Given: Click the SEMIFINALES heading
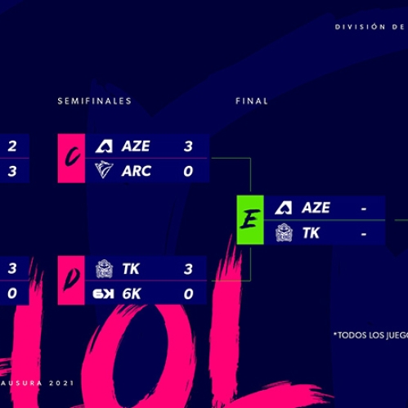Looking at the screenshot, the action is pyautogui.click(x=95, y=101).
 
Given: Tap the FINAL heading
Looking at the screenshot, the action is pyautogui.click(x=252, y=101).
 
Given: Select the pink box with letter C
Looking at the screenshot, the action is pyautogui.click(x=71, y=158).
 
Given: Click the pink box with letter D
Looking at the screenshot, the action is pyautogui.click(x=71, y=280).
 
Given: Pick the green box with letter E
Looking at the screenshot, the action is pyautogui.click(x=250, y=220).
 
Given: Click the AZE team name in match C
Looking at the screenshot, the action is pyautogui.click(x=136, y=146).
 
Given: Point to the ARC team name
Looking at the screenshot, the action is pyautogui.click(x=137, y=171).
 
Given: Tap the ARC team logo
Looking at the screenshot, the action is pyautogui.click(x=104, y=170).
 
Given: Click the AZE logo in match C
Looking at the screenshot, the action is pyautogui.click(x=104, y=146).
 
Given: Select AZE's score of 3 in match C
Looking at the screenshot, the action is pyautogui.click(x=188, y=146).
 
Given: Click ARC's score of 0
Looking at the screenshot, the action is pyautogui.click(x=188, y=171).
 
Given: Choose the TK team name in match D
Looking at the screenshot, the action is pyautogui.click(x=131, y=269).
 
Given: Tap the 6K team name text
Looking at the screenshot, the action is pyautogui.click(x=132, y=294).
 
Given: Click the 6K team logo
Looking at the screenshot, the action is pyautogui.click(x=104, y=294).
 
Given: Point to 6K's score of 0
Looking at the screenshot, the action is pyautogui.click(x=188, y=294).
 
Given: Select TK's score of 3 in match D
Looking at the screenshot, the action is pyautogui.click(x=188, y=269).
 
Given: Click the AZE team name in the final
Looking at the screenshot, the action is pyautogui.click(x=316, y=208).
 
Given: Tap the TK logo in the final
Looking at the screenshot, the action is pyautogui.click(x=284, y=232).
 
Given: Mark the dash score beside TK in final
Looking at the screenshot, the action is pyautogui.click(x=364, y=234).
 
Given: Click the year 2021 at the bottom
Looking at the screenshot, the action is pyautogui.click(x=61, y=383).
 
